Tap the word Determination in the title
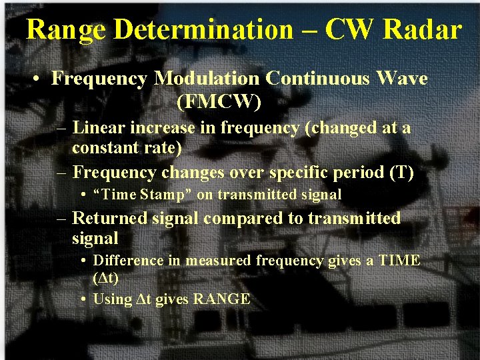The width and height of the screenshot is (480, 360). (x=203, y=29)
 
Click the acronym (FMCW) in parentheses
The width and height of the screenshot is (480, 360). (x=219, y=103)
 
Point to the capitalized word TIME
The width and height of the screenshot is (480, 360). (x=399, y=261)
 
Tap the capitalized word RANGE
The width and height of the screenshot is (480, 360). (x=221, y=299)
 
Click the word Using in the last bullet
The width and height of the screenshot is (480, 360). (x=113, y=299)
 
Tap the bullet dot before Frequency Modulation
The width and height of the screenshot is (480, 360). (x=40, y=79)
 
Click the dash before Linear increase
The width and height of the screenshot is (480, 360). (x=62, y=127)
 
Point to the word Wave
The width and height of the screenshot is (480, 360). (x=403, y=79)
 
